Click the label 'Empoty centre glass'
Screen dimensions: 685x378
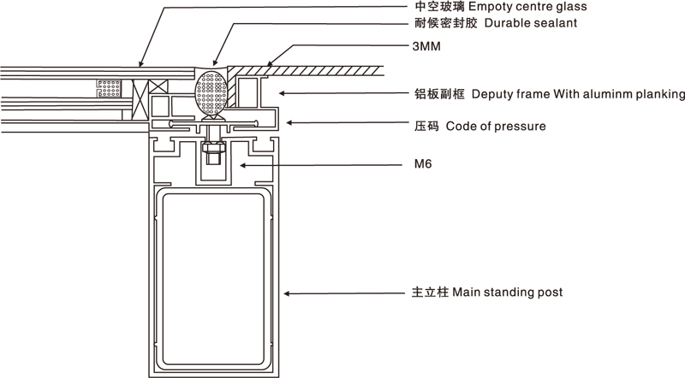[x=527, y=7]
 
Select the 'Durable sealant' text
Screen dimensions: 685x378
[x=531, y=23]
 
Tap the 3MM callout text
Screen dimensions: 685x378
[x=426, y=46]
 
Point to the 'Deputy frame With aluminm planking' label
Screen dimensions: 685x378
[x=579, y=94]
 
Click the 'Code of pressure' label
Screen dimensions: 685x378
[x=496, y=127]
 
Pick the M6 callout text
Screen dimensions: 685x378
[x=422, y=164]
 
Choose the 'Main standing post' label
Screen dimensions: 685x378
[x=507, y=292]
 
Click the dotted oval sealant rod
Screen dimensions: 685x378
[x=211, y=92]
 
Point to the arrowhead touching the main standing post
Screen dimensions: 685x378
[x=287, y=293]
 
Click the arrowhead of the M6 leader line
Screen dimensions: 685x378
[x=243, y=165]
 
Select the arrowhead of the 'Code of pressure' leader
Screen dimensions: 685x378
[x=289, y=123]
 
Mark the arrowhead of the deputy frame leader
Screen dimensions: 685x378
[x=282, y=93]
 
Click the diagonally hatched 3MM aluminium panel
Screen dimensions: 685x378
[x=306, y=71]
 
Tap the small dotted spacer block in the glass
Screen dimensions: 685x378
[x=109, y=89]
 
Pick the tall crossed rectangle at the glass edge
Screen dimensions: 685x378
[x=140, y=99]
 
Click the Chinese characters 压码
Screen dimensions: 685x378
[x=426, y=127]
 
